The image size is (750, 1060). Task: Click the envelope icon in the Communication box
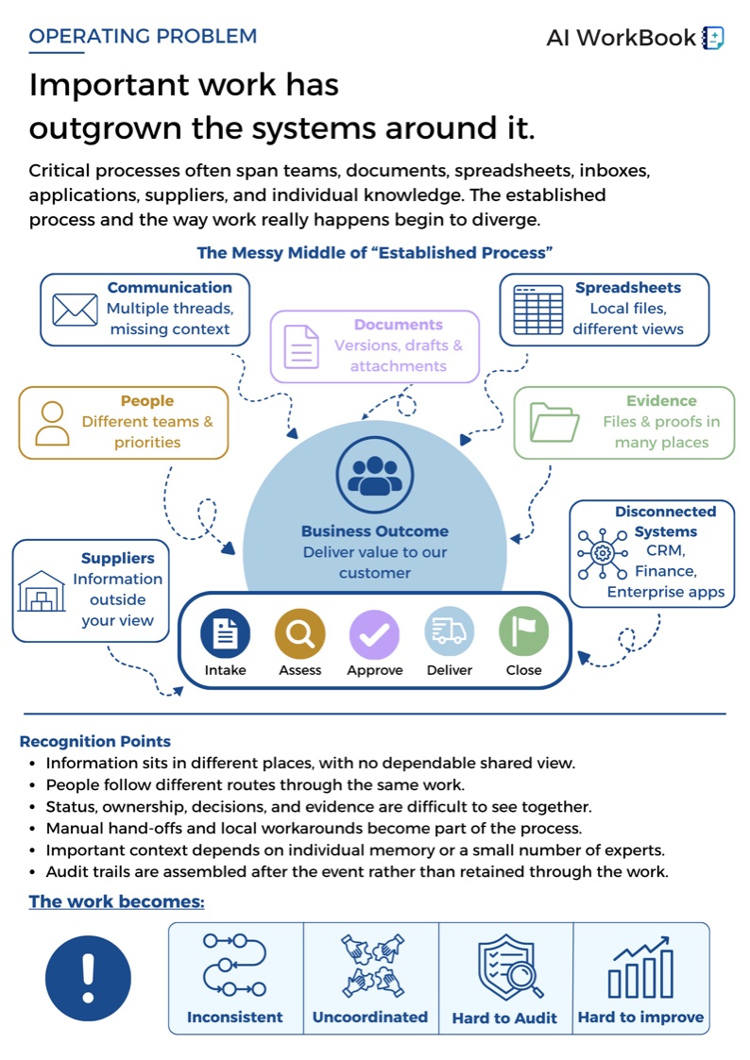click(75, 310)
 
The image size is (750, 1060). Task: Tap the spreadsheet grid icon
click(537, 310)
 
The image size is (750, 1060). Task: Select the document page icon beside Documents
click(301, 346)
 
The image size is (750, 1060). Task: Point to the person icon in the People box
click(52, 423)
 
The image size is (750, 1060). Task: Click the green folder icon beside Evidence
click(554, 422)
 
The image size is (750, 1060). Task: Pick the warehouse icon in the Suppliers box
click(42, 591)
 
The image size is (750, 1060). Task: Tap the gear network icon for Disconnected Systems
click(602, 554)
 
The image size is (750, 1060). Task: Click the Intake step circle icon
click(225, 633)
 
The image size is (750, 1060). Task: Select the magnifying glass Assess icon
click(299, 633)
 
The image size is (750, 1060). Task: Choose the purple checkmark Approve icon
click(374, 634)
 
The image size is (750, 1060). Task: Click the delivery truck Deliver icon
click(449, 631)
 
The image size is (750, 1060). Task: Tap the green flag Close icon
click(523, 631)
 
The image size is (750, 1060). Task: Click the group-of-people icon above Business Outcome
click(375, 475)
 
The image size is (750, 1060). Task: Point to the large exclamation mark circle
click(88, 978)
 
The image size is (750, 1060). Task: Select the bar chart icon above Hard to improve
click(640, 967)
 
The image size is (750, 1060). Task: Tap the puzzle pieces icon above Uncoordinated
click(372, 966)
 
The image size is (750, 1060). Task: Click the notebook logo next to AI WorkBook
click(713, 38)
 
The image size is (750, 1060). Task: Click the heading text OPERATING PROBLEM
click(143, 36)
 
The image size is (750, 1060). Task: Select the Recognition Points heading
click(94, 741)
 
